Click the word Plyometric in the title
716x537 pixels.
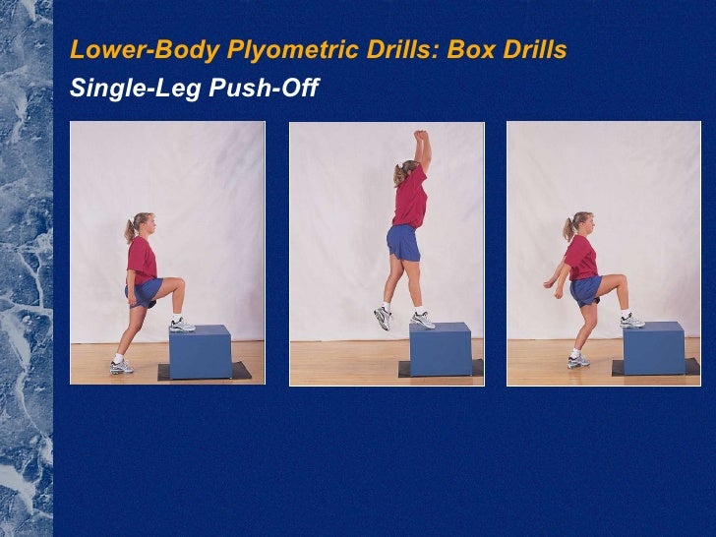(x=294, y=50)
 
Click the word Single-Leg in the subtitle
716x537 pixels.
(x=136, y=88)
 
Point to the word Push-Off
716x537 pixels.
(x=264, y=87)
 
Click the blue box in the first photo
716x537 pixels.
(x=201, y=352)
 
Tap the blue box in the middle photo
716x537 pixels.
(x=441, y=349)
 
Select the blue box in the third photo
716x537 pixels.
(x=654, y=348)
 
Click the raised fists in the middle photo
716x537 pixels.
(x=421, y=136)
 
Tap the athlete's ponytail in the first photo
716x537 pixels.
(x=130, y=231)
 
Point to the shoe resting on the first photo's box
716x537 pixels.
(x=182, y=326)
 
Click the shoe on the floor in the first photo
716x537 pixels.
(x=122, y=367)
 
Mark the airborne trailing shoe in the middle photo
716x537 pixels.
(x=383, y=318)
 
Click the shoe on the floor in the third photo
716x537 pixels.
(x=578, y=362)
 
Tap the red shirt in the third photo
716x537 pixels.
(x=581, y=258)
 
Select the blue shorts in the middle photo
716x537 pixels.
(x=403, y=243)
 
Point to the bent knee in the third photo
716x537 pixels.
(x=620, y=279)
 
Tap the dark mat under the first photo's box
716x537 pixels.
(x=205, y=371)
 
